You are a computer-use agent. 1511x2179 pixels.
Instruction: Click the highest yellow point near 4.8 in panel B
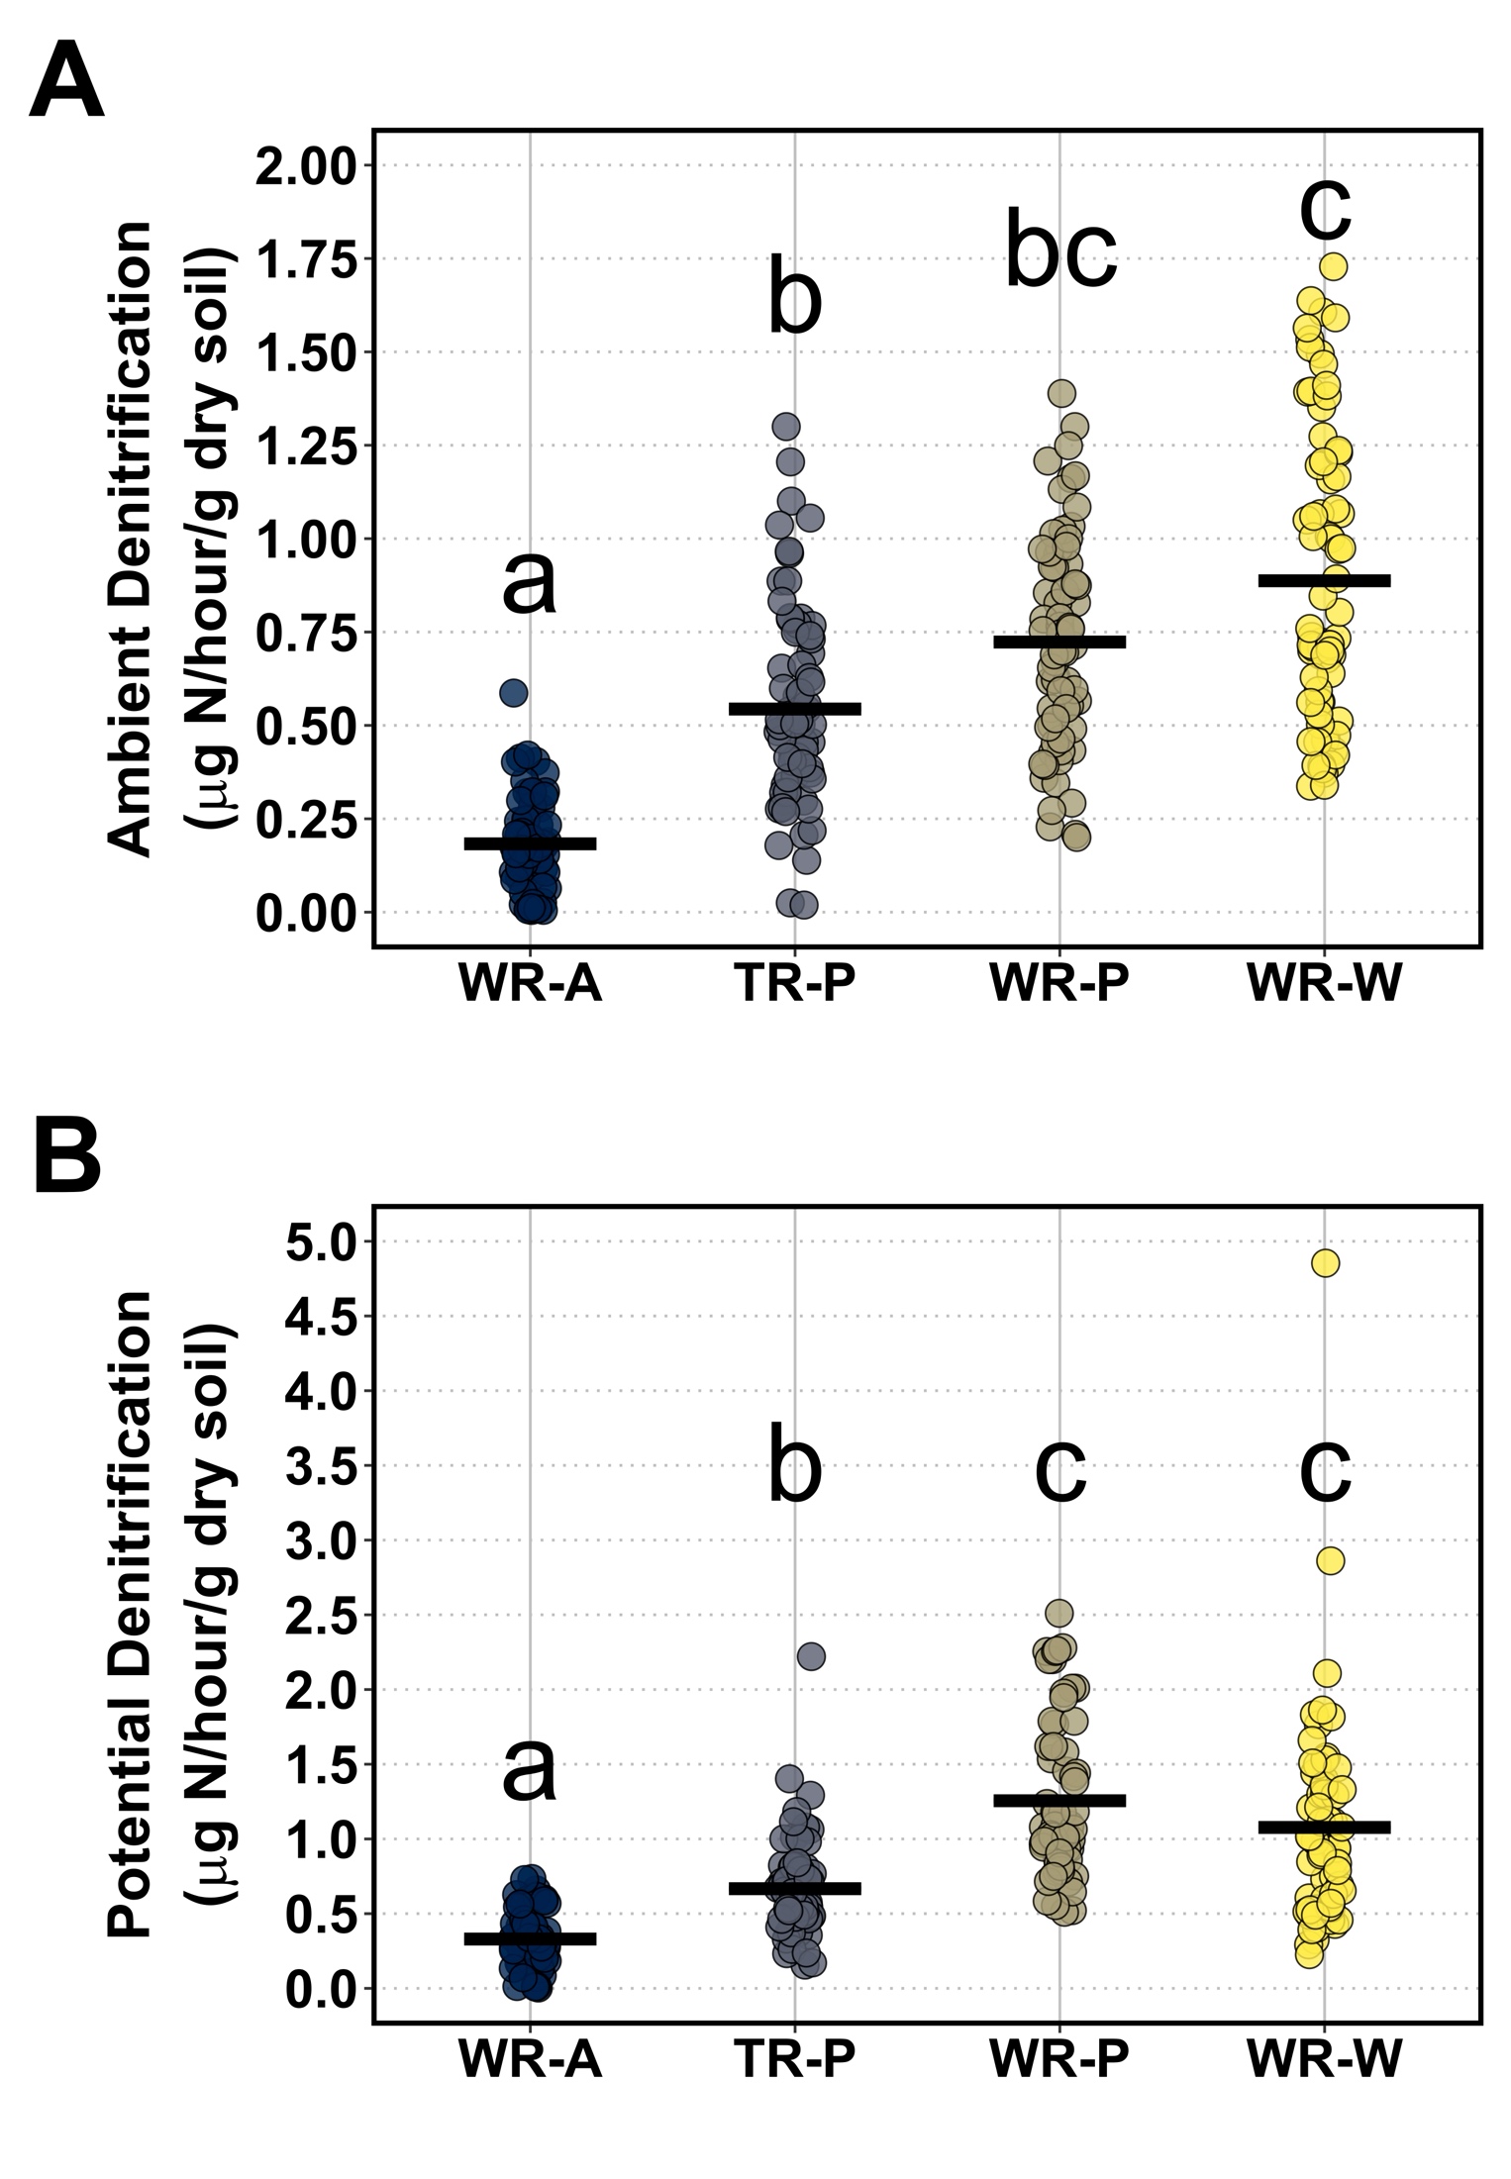click(1325, 1263)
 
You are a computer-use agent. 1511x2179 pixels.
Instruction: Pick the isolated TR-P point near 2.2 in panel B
click(811, 1656)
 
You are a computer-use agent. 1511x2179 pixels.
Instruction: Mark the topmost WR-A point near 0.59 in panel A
click(513, 692)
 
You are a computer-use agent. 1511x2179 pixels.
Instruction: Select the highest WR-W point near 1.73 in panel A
click(1333, 266)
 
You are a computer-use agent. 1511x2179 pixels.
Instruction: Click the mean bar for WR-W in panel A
click(1325, 581)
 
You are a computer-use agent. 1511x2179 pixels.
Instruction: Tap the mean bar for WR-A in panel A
click(530, 843)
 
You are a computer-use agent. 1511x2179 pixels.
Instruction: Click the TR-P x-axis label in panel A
click(794, 985)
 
